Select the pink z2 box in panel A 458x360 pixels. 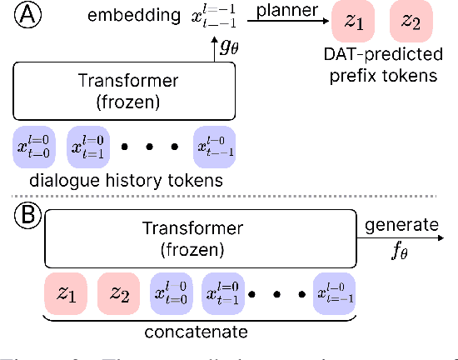[x=409, y=22]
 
